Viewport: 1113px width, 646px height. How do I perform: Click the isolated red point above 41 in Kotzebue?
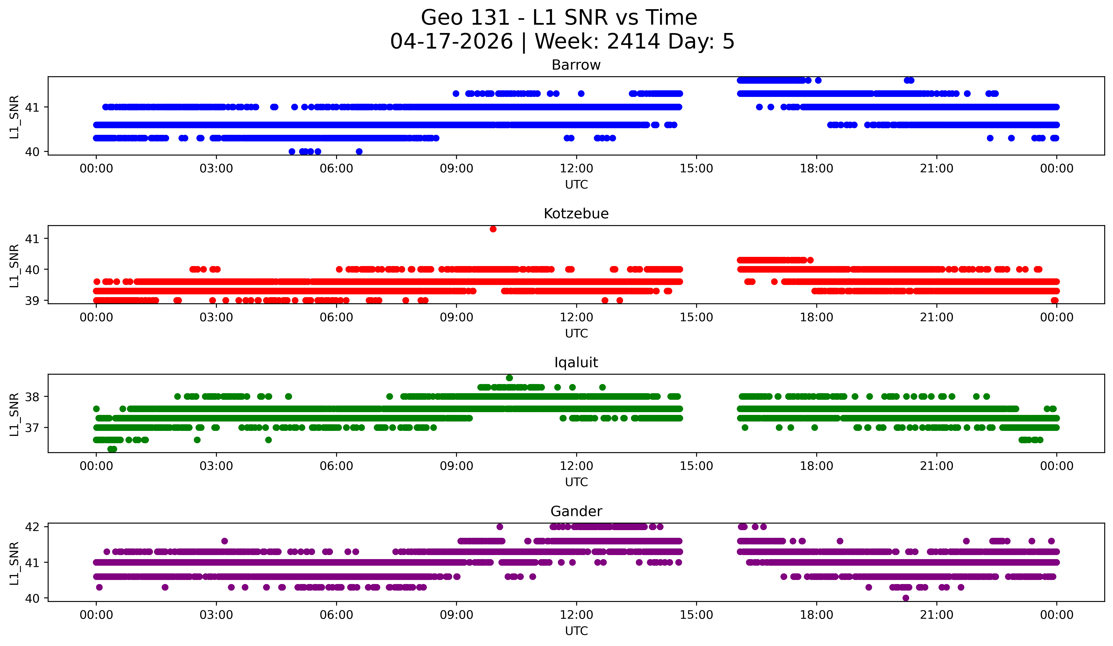click(x=493, y=229)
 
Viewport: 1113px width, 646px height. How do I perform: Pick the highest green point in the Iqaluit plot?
click(x=509, y=378)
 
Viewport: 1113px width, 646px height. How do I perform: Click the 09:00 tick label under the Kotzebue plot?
click(x=456, y=318)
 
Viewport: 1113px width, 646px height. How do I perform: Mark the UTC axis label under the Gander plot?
click(x=576, y=631)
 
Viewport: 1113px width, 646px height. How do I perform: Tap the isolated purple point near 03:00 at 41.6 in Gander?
click(x=224, y=541)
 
